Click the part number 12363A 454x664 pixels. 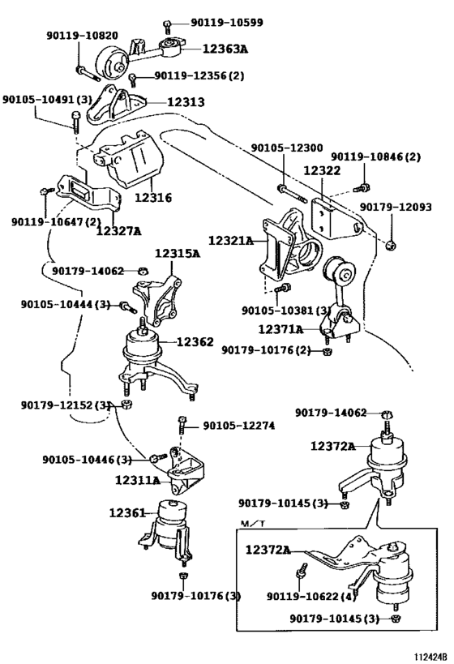pyautogui.click(x=225, y=49)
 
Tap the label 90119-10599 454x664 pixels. pyautogui.click(x=226, y=22)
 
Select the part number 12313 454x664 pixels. pyautogui.click(x=186, y=102)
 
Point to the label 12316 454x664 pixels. pyautogui.click(x=153, y=198)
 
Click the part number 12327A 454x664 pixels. pyautogui.click(x=118, y=231)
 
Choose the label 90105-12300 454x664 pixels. pyautogui.click(x=287, y=148)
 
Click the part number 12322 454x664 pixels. pyautogui.click(x=322, y=170)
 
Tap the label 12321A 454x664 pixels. pyautogui.click(x=231, y=241)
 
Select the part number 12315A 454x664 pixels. pyautogui.click(x=178, y=254)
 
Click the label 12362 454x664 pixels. pyautogui.click(x=195, y=342)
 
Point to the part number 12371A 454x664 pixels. pyautogui.click(x=281, y=329)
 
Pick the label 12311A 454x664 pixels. pyautogui.click(x=138, y=480)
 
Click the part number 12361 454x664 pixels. pyautogui.click(x=127, y=513)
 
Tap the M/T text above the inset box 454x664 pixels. pyautogui.click(x=253, y=524)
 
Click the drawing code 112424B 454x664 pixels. pyautogui.click(x=430, y=657)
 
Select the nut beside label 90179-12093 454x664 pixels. pyautogui.click(x=391, y=244)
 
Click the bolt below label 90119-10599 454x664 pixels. pyautogui.click(x=167, y=27)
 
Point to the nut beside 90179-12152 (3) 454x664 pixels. pyautogui.click(x=126, y=404)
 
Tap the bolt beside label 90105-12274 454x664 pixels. pyautogui.click(x=182, y=424)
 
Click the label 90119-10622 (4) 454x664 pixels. pyautogui.click(x=311, y=596)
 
